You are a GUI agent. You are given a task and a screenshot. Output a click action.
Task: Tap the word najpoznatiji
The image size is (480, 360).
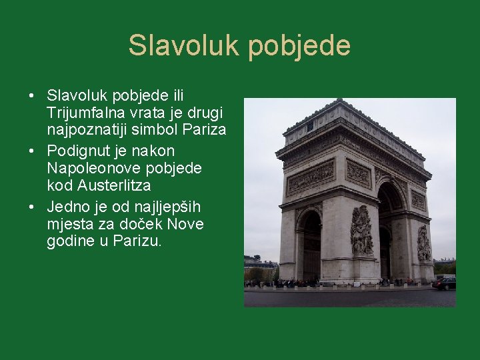(x=89, y=129)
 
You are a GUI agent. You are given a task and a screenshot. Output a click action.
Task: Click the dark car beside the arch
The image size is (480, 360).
(x=444, y=283)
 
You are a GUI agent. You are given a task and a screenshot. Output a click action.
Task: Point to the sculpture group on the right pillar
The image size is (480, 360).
(x=423, y=243)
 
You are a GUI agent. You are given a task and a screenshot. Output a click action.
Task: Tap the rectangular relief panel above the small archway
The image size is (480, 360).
(x=310, y=177)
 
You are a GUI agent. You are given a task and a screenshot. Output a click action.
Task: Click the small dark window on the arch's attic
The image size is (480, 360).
(x=309, y=125)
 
